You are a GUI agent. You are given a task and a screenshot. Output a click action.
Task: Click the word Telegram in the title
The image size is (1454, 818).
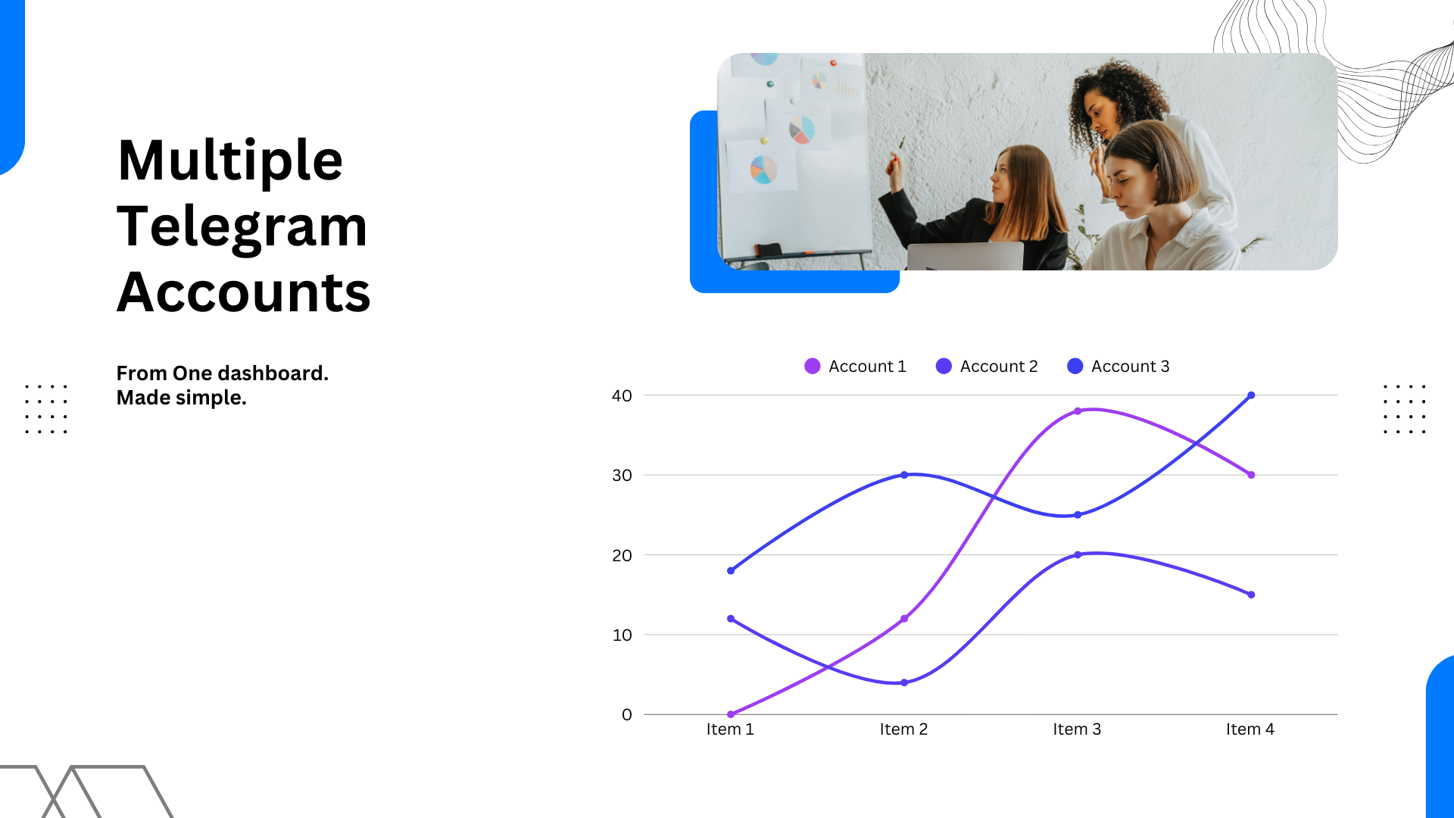point(242,227)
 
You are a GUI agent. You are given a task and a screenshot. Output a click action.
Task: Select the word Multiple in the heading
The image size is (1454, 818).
point(230,161)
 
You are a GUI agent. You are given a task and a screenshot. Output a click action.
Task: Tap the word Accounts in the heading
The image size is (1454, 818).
point(244,292)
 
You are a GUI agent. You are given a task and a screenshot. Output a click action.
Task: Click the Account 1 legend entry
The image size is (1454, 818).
point(855,367)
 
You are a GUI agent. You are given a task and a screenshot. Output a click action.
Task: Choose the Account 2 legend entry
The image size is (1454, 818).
point(987,367)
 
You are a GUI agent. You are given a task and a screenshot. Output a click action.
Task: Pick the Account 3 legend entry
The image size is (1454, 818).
point(1119,367)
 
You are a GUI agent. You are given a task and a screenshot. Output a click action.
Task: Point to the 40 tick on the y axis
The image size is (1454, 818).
point(622,395)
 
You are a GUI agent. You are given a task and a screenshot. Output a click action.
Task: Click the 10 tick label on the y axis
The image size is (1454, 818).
point(622,635)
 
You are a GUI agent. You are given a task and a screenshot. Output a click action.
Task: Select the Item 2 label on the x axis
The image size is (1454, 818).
point(903,729)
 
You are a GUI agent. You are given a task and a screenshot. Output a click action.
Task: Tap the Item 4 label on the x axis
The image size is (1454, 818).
point(1250,729)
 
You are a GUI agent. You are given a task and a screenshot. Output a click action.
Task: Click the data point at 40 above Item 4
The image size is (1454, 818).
point(1251,395)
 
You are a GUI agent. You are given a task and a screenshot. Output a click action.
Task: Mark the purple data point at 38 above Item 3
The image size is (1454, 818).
point(1078,411)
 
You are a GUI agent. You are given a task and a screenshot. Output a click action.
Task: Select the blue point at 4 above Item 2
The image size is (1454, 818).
point(904,682)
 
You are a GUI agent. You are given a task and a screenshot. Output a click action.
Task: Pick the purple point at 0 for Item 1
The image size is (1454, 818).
point(731,714)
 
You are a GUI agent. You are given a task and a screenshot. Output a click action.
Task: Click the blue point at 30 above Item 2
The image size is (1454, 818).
point(904,475)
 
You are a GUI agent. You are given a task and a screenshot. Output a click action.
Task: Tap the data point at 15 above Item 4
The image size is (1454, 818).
point(1251,595)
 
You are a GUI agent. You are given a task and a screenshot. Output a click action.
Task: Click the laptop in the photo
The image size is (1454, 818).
point(966,256)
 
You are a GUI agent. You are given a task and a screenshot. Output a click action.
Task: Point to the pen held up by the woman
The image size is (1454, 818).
point(901,144)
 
